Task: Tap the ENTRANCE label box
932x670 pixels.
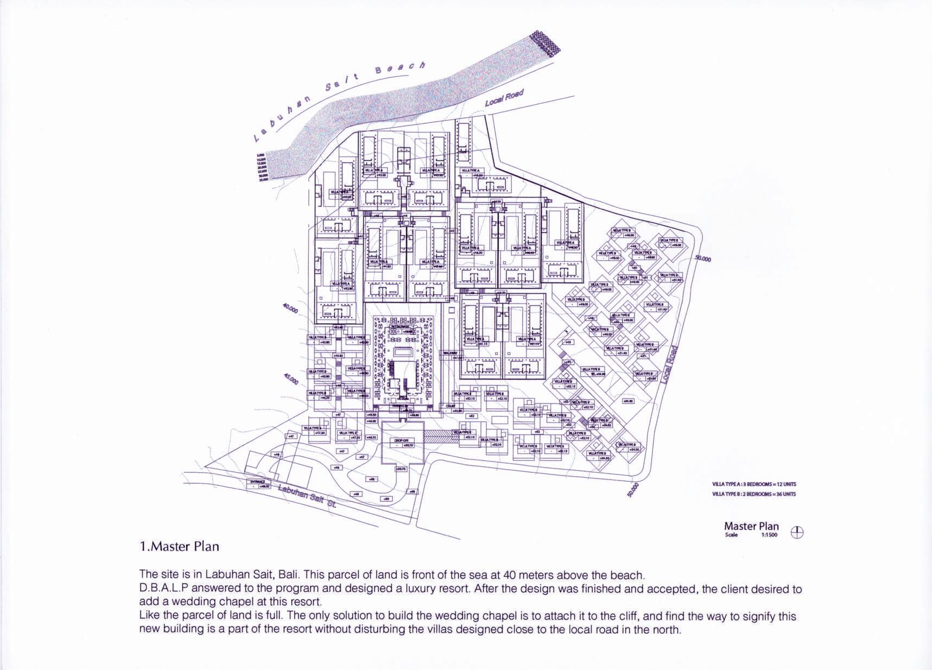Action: coord(258,482)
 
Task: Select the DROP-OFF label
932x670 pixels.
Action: coord(401,440)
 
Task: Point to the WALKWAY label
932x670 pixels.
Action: coord(451,353)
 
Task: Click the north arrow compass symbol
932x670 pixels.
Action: coord(797,533)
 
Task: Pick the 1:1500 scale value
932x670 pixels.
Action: coord(769,535)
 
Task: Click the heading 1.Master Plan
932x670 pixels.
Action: coord(179,546)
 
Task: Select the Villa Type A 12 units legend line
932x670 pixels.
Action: coord(754,484)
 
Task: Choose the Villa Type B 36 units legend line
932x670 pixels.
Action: coord(754,494)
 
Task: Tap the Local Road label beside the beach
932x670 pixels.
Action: coord(504,98)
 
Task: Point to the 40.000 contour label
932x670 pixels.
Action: coord(290,308)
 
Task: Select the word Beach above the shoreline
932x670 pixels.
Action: coord(400,68)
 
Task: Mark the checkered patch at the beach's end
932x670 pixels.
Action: coord(544,42)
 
